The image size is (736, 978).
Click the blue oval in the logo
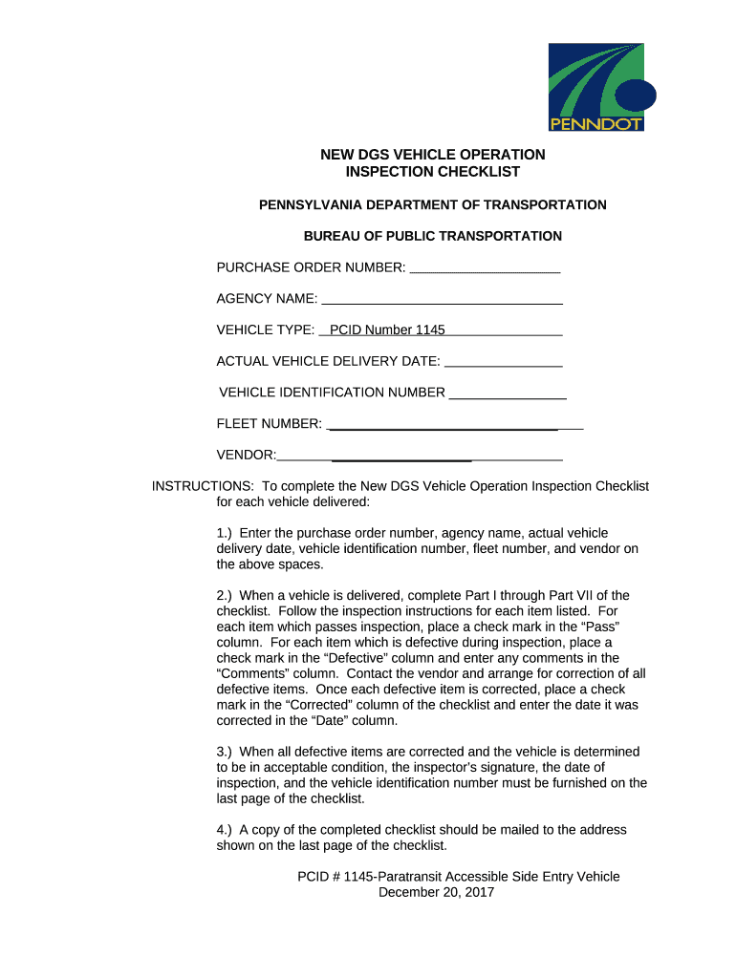[x=636, y=96]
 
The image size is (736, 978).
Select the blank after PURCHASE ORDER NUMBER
[x=484, y=268]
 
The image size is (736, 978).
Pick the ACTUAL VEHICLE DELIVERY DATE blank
[x=504, y=362]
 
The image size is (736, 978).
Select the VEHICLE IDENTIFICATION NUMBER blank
[x=508, y=393]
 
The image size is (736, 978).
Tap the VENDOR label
[x=247, y=455]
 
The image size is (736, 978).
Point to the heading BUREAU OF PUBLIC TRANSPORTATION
[x=433, y=236]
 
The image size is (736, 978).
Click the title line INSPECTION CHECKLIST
[x=433, y=172]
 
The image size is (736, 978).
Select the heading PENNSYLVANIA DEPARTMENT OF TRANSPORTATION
[x=433, y=205]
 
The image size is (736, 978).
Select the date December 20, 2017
[x=437, y=893]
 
